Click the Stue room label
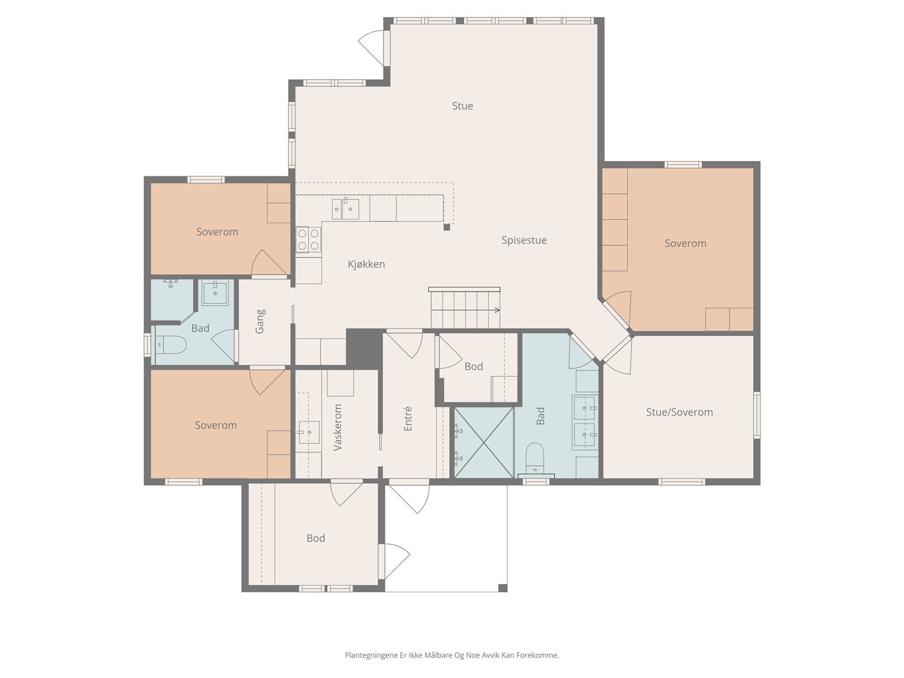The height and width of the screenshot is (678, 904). pos(462,106)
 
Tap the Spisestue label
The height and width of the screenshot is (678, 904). pos(524,241)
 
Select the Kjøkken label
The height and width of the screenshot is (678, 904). pos(366,264)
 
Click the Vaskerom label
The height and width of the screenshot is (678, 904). pos(337,427)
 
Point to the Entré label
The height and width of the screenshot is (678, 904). pos(408,419)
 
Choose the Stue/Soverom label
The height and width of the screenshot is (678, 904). pos(679,412)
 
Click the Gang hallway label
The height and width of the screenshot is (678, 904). pos(260,321)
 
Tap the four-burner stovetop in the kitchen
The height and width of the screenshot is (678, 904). pos(308,240)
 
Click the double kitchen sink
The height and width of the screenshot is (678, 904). pos(346,208)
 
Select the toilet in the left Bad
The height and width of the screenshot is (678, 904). pos(171,345)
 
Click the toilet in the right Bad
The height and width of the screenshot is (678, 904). pos(534,458)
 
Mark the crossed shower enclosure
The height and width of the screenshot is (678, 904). pos(484,443)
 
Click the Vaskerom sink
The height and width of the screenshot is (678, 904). pos(309,432)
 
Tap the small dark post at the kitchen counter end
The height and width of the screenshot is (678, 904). pos(446,227)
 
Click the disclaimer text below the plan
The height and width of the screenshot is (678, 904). pos(452,655)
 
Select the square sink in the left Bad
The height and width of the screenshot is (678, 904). pos(215,292)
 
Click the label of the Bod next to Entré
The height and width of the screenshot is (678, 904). pos(473,366)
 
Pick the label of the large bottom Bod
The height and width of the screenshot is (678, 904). pos(316,538)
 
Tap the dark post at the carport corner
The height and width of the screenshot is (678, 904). pos(503,588)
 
